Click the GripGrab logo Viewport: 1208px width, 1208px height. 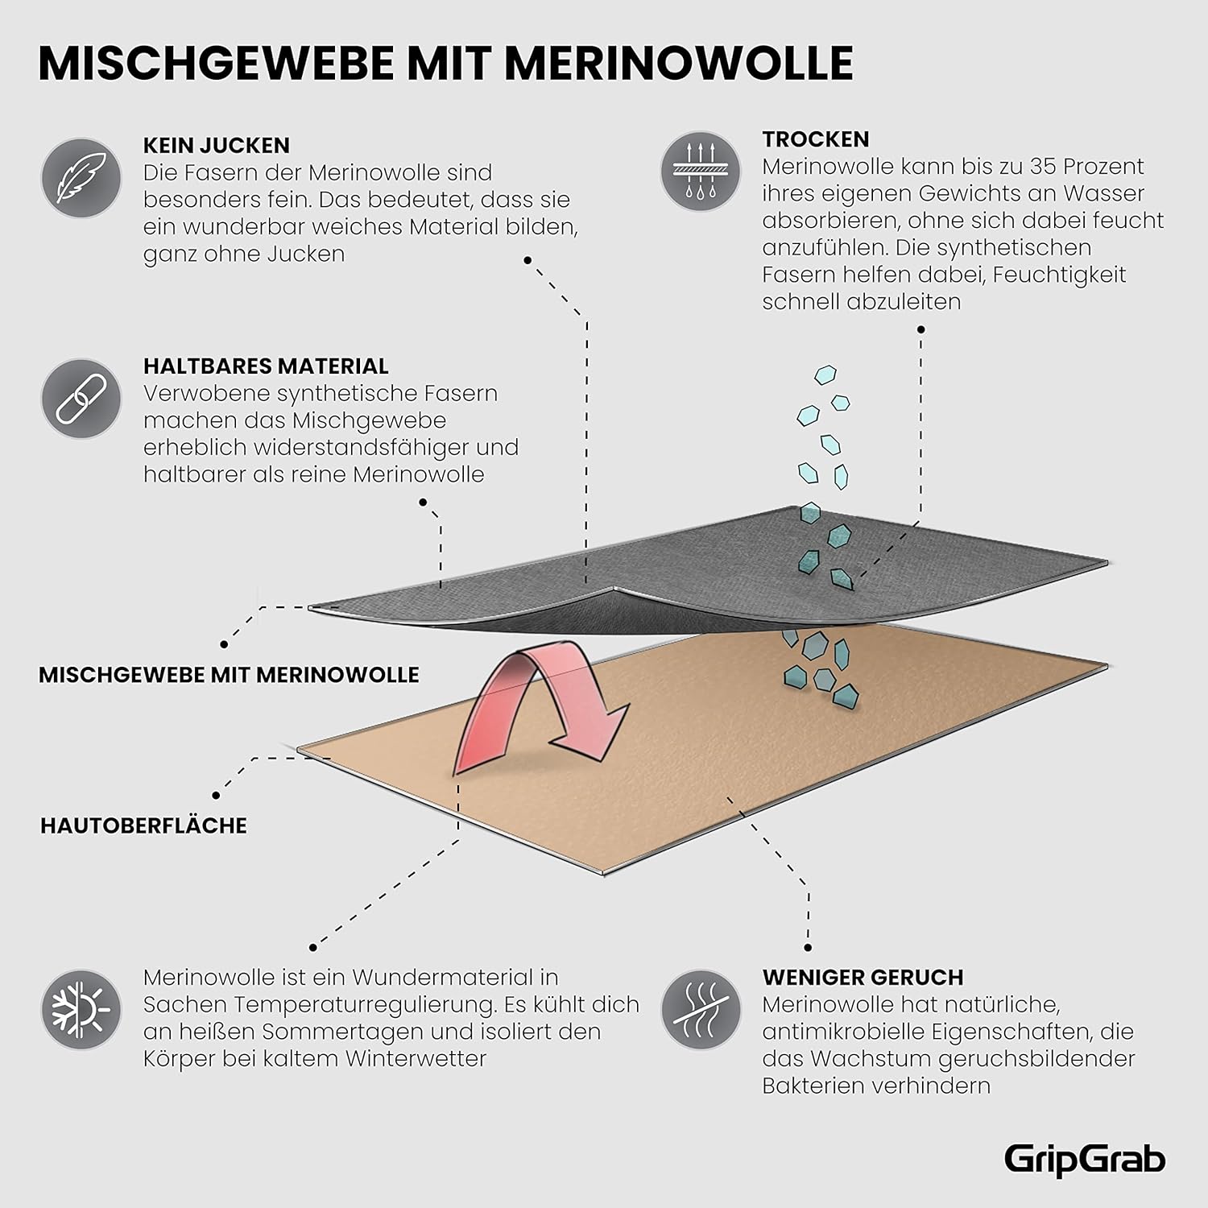pyautogui.click(x=1084, y=1160)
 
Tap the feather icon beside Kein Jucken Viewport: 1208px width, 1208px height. pyautogui.click(x=81, y=178)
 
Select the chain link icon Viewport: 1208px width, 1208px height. pyautogui.click(x=81, y=399)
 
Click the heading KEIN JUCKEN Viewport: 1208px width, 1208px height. pyautogui.click(x=216, y=146)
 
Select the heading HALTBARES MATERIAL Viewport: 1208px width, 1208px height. pyautogui.click(x=266, y=366)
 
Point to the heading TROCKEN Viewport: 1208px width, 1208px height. pyautogui.click(x=816, y=139)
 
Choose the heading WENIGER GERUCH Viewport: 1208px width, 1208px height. pyautogui.click(x=863, y=978)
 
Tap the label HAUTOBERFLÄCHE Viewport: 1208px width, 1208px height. pyautogui.click(x=143, y=825)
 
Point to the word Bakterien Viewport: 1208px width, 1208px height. pyautogui.click(x=811, y=1086)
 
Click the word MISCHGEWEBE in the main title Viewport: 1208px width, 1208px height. pyautogui.click(x=216, y=63)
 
